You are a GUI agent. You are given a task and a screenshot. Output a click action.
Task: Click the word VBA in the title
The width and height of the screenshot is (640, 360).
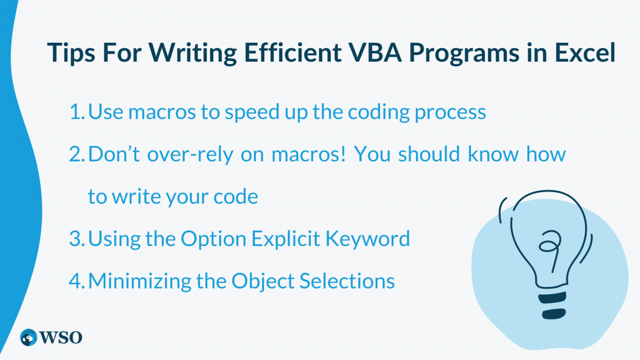pyautogui.click(x=376, y=53)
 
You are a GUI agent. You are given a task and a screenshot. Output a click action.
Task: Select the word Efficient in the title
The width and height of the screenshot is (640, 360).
pyautogui.click(x=292, y=53)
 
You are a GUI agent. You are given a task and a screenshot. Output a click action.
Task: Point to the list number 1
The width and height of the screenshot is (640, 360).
pyautogui.click(x=77, y=112)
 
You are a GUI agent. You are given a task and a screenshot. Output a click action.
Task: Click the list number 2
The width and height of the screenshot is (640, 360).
pyautogui.click(x=77, y=154)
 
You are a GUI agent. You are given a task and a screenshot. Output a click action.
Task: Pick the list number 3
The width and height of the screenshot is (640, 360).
pyautogui.click(x=77, y=239)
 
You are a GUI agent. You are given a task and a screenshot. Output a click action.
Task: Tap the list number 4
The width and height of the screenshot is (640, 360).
pyautogui.click(x=77, y=281)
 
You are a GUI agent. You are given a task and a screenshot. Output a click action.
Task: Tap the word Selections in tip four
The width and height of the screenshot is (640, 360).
pyautogui.click(x=347, y=281)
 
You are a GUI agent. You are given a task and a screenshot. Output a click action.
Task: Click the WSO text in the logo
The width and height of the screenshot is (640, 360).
pyautogui.click(x=61, y=338)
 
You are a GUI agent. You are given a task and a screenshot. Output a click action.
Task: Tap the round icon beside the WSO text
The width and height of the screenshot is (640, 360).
pyautogui.click(x=29, y=338)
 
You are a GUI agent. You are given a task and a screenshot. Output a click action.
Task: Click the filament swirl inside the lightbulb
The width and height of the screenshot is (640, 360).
pyautogui.click(x=550, y=248)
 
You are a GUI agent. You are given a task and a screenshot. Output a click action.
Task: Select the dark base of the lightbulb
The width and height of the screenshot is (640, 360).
pyautogui.click(x=553, y=306)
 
